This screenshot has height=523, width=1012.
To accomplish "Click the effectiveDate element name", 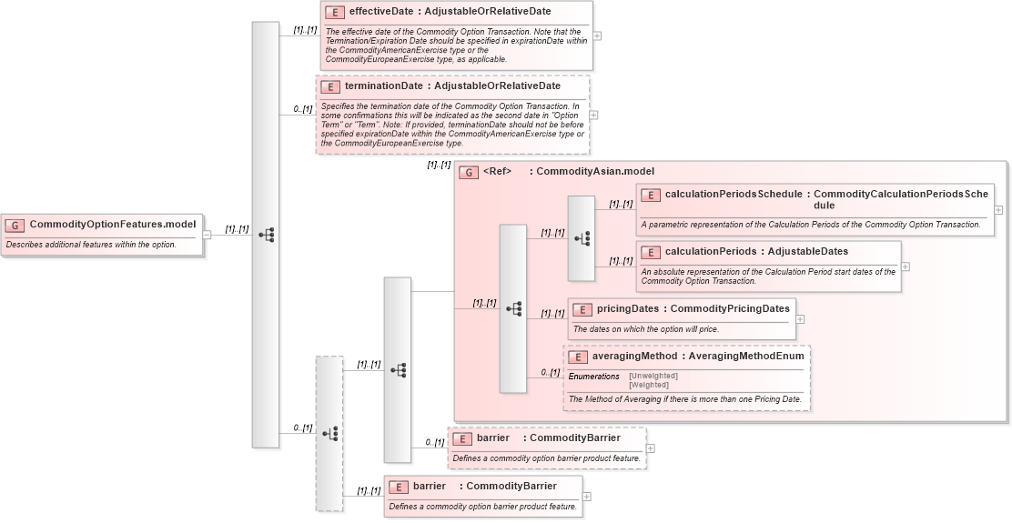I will [x=385, y=12].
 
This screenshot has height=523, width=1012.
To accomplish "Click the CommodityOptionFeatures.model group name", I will [x=113, y=225].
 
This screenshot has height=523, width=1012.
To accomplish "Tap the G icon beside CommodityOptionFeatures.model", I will [x=15, y=225].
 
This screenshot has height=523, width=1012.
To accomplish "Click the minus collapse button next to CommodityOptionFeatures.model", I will [x=207, y=234].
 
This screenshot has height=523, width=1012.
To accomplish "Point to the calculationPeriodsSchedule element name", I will [x=734, y=195].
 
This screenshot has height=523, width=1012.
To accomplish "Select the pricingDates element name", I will [x=628, y=309].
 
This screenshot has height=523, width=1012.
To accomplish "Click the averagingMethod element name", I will [x=633, y=357].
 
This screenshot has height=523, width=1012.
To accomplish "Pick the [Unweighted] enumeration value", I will [x=653, y=376].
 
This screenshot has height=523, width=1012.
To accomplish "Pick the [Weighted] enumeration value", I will [x=649, y=385].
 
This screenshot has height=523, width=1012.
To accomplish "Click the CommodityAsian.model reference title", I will [x=594, y=171].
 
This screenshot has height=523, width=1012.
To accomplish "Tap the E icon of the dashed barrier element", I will [x=461, y=438].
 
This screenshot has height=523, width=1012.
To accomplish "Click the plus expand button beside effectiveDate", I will [x=597, y=36].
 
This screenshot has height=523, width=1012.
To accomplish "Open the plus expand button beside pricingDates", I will [x=800, y=319].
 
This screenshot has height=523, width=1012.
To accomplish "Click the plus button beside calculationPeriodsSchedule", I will [x=998, y=209].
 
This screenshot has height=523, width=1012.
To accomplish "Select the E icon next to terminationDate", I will [x=330, y=86].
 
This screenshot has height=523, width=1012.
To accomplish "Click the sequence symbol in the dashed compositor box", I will [x=329, y=433].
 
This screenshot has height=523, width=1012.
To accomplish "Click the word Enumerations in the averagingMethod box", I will [x=593, y=377].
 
